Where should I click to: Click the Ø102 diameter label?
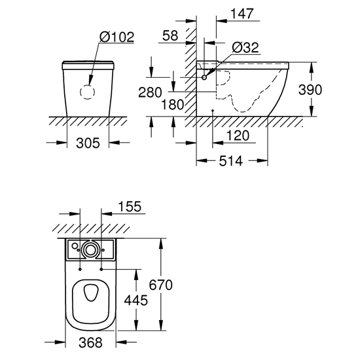[x=117, y=37]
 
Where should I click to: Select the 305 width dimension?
[x=88, y=143]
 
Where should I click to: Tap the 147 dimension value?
[x=242, y=14]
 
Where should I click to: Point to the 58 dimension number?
[x=170, y=35]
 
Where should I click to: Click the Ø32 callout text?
[x=245, y=48]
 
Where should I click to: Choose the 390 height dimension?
[x=310, y=90]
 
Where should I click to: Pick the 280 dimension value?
[x=150, y=92]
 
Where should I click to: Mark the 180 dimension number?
[x=173, y=105]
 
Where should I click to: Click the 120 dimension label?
[x=238, y=135]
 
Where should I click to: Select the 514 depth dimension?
[x=231, y=161]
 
